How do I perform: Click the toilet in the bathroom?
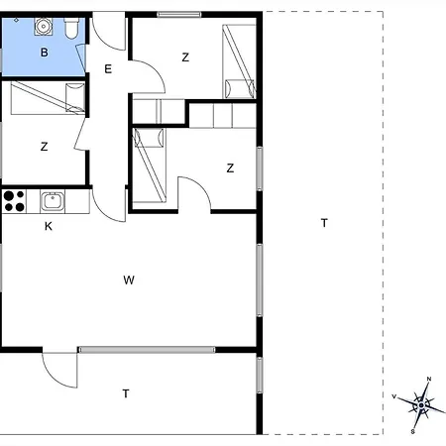coord(71,28)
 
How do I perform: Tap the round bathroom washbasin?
coord(43,27)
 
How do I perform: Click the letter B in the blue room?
coord(44,53)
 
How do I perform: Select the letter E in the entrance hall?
coord(108,69)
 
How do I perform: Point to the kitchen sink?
coord(53,201)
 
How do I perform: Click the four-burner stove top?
coord(14,201)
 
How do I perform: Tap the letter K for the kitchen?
coord(49,226)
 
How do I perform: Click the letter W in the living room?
coord(129,280)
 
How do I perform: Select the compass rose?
coord(421,405)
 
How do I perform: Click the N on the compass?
coord(429,379)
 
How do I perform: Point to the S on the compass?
coord(413,432)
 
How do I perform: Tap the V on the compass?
coord(393,396)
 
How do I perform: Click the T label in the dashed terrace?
coord(324,223)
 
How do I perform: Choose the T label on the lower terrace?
coord(126,393)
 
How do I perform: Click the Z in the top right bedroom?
coord(185,57)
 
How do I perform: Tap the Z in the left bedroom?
coord(44,147)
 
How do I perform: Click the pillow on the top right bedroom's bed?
coord(240,88)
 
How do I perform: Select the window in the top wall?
coord(179,14)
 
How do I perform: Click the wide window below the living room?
coord(147,350)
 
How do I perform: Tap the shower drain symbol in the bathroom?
coord(16,21)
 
